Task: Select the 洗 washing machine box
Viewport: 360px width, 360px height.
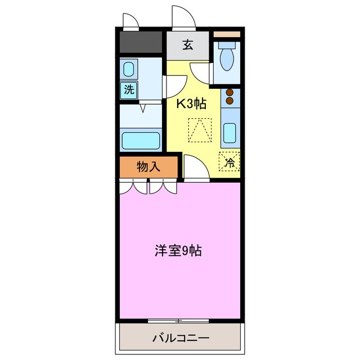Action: point(129,89)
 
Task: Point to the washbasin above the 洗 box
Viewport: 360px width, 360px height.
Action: point(129,70)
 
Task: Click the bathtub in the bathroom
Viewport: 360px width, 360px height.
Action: point(141,138)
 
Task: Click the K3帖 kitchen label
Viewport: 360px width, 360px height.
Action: point(191,103)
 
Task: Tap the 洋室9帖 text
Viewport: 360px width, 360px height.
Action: point(178,251)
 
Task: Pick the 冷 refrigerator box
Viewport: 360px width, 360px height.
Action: point(229,162)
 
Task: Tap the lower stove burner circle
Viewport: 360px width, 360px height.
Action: point(229,102)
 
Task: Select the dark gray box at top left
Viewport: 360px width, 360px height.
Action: point(141,42)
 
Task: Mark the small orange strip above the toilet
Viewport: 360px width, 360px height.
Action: point(227,34)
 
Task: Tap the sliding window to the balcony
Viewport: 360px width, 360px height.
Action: point(178,321)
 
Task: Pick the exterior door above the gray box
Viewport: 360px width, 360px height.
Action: point(130,20)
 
